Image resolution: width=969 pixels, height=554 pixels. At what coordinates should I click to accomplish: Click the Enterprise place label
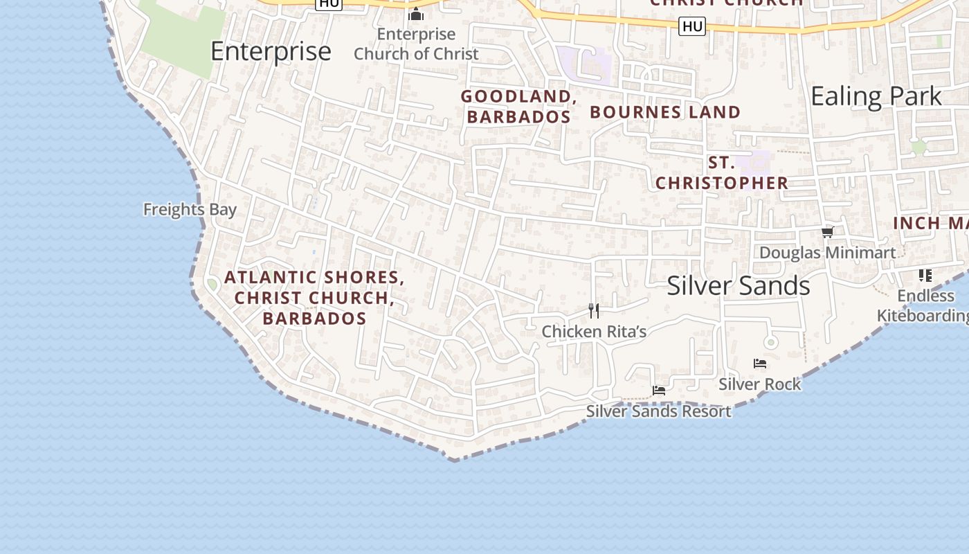271,52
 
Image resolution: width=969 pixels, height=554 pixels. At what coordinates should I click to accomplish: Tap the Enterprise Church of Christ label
416,44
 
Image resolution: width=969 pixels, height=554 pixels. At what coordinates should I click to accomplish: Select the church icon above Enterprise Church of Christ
416,14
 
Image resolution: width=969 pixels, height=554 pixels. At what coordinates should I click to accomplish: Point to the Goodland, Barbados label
519,107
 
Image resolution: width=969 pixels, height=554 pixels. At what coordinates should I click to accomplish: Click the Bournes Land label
665,112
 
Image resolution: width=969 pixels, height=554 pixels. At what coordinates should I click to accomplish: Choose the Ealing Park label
876,96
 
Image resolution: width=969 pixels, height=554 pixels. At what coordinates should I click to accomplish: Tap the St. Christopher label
722,173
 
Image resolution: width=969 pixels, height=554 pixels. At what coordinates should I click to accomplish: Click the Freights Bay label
190,209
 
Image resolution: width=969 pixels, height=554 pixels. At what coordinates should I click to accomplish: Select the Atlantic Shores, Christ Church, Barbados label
314,298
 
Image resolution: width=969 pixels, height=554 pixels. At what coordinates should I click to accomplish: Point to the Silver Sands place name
739,286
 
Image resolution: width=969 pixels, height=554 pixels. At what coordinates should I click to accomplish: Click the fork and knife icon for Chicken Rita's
593,310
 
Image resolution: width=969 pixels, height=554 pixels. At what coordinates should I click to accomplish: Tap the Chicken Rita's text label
594,332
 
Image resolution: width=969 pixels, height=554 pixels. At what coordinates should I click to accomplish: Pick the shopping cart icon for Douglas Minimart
827,232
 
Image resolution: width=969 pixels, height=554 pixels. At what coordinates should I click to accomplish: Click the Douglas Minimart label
827,253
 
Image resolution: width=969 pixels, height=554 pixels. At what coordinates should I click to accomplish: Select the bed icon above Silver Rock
760,364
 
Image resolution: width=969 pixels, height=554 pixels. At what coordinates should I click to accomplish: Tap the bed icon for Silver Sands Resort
659,391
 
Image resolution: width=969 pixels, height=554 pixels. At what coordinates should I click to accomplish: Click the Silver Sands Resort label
658,411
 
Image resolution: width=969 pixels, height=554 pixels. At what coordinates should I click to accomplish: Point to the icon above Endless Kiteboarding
925,276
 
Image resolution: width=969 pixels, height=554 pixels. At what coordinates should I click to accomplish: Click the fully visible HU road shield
692,27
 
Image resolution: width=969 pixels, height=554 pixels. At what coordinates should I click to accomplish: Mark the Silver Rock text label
759,384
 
